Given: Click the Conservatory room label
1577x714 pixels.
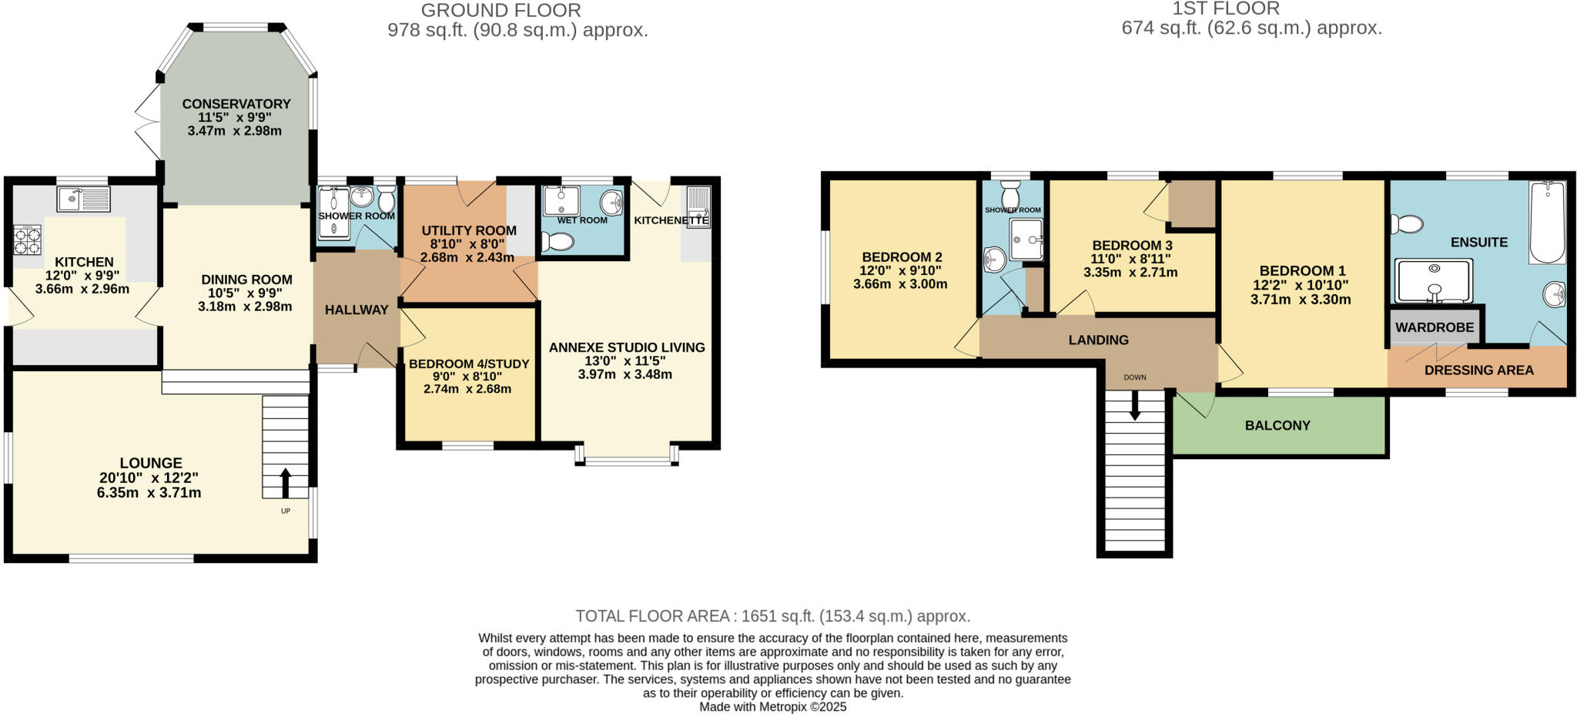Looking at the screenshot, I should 236,104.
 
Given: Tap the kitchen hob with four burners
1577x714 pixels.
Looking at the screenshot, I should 27,240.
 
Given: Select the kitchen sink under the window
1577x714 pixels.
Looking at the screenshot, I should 83,199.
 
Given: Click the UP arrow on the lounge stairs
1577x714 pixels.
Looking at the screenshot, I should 285,484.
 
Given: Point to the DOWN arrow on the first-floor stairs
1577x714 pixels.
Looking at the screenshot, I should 1134,406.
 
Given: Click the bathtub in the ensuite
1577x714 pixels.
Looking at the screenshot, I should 1547,223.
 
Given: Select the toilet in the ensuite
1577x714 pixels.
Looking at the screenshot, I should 1407,224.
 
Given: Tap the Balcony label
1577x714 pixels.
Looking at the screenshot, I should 1277,425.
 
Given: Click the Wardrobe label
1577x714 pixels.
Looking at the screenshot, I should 1435,327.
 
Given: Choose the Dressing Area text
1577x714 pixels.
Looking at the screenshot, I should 1478,370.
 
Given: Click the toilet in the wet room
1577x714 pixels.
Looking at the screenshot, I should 557,243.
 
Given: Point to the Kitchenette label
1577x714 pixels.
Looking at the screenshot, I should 671,220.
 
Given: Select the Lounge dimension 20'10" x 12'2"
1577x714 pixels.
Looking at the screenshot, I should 149,478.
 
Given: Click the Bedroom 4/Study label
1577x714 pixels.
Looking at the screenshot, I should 469,364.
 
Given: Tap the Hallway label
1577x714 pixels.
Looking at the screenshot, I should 357,310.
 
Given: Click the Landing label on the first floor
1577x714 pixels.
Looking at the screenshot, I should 1098,340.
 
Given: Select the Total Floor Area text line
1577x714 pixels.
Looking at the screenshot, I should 772,616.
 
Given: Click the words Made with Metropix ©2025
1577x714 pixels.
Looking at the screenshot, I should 772,707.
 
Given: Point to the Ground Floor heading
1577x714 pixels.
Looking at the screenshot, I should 501,11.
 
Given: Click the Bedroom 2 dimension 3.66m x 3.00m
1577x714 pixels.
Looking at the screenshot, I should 899,284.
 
